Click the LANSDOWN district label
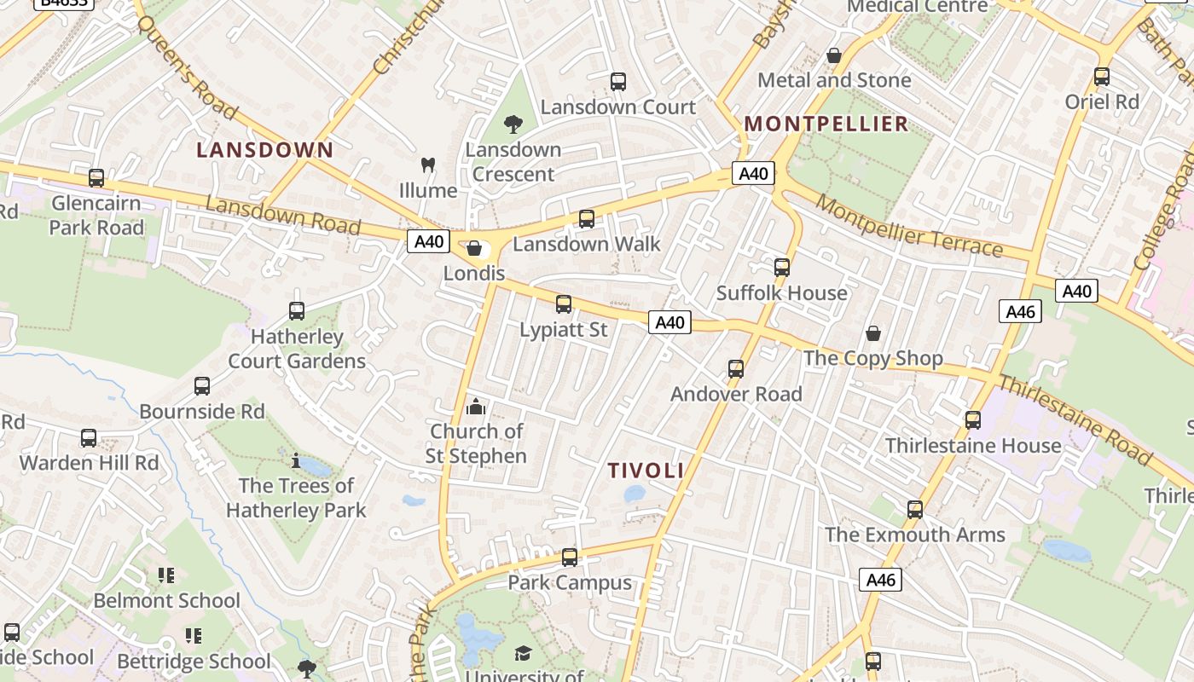[264, 150]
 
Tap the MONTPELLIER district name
[826, 124]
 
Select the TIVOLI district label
[646, 470]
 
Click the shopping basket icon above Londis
[474, 248]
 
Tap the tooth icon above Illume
[428, 165]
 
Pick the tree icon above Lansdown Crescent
[513, 124]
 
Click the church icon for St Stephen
[476, 406]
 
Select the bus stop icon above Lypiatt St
[563, 304]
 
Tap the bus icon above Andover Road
[736, 369]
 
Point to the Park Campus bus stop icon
[570, 558]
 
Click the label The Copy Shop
[872, 358]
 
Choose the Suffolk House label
[781, 293]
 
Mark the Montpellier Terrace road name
[909, 226]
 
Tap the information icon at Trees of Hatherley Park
[296, 461]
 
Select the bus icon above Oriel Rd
[1102, 77]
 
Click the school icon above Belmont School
[166, 575]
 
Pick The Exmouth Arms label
[914, 535]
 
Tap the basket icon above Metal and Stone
[834, 55]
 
